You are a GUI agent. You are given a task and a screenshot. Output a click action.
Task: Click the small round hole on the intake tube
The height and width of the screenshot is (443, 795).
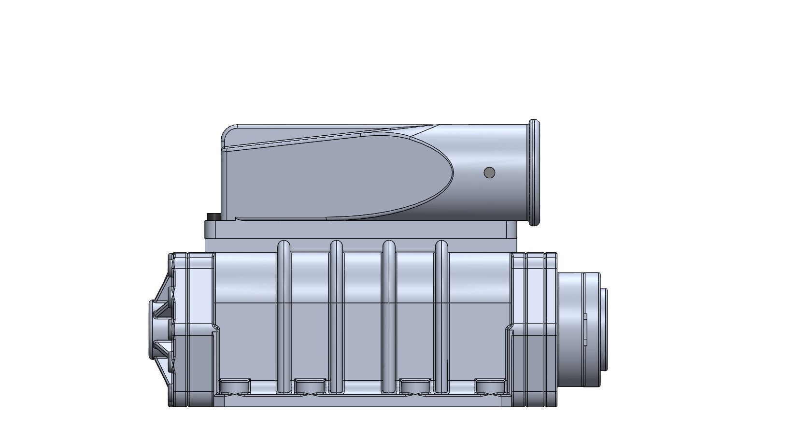point(489,172)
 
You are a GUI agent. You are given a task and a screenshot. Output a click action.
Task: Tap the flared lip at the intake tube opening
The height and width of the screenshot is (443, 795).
point(534,172)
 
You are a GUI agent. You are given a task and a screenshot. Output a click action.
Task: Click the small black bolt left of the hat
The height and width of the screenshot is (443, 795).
point(211,217)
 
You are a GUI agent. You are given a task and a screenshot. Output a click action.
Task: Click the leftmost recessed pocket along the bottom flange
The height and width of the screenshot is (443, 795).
point(235,386)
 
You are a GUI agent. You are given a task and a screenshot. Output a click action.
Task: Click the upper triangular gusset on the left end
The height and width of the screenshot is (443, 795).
point(163,300)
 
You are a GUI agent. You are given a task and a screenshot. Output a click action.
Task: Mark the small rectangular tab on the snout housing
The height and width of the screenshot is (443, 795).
point(585,330)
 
